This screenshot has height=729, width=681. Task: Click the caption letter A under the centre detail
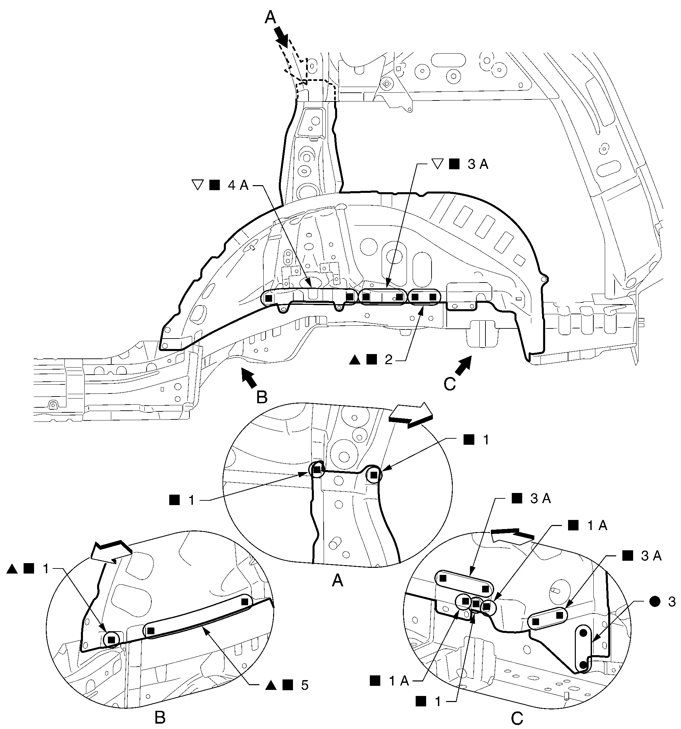(337, 580)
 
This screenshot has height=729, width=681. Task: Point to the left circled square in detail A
(317, 470)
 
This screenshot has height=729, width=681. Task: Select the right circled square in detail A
(374, 475)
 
